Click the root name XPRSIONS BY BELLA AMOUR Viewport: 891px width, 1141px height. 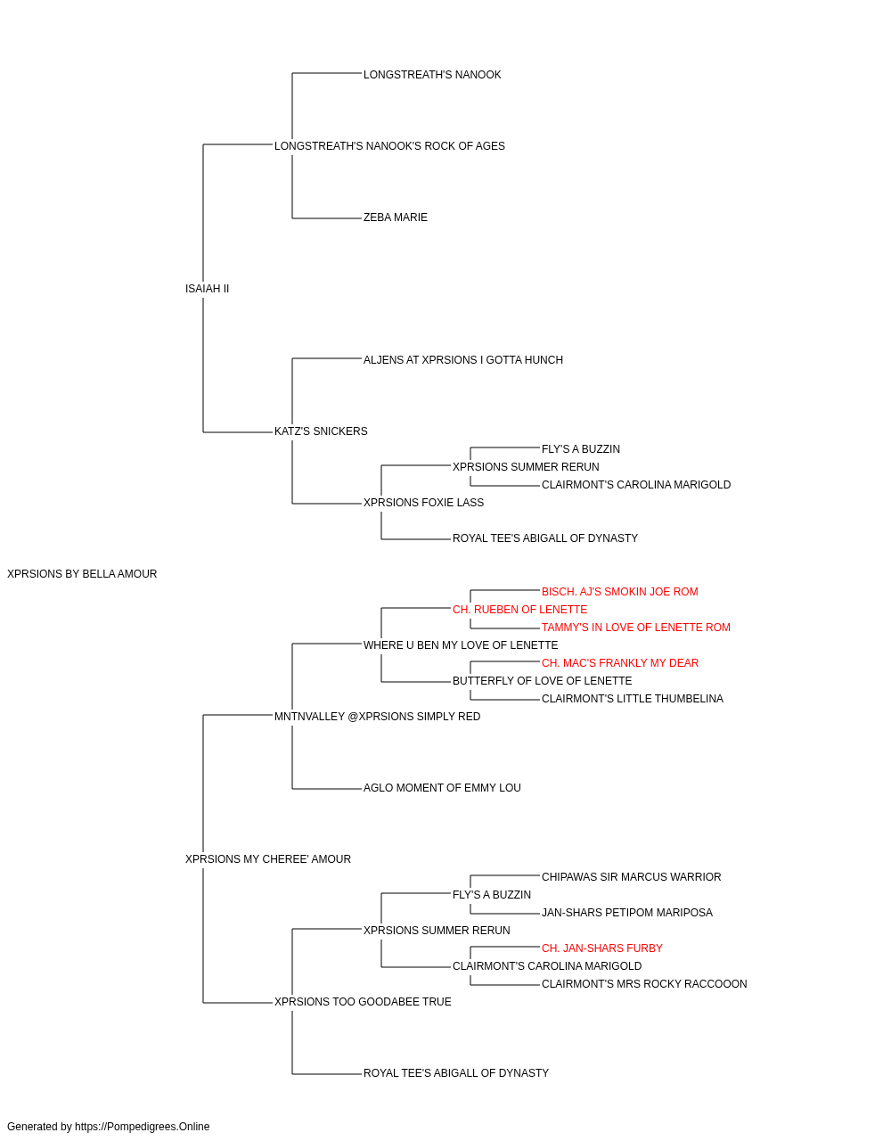click(82, 574)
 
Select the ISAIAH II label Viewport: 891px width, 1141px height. click(207, 288)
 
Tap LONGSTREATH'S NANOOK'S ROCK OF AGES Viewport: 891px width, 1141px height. click(389, 146)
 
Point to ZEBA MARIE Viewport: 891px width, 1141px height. click(395, 218)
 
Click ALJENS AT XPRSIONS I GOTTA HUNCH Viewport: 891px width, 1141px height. click(462, 359)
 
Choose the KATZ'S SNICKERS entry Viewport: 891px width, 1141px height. click(321, 431)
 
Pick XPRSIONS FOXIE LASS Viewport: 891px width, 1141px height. click(423, 503)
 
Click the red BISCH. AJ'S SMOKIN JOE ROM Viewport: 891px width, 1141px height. click(620, 592)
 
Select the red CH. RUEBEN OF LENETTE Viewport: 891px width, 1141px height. click(519, 610)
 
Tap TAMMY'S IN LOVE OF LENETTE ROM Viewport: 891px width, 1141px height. click(636, 628)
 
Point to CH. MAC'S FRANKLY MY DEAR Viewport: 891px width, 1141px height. click(620, 663)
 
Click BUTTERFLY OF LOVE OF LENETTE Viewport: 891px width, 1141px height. click(542, 681)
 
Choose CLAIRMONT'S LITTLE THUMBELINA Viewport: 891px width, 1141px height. click(633, 699)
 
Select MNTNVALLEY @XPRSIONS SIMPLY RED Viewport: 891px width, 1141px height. click(377, 717)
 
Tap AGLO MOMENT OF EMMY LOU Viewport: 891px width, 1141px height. click(442, 788)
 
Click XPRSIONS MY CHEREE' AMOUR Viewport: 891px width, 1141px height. click(267, 859)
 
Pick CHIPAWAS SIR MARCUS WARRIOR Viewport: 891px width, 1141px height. click(631, 877)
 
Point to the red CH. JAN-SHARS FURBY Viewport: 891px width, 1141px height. click(602, 948)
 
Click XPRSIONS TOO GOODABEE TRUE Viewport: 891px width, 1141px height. click(363, 1002)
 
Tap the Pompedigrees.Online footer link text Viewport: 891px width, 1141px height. click(143, 1127)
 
